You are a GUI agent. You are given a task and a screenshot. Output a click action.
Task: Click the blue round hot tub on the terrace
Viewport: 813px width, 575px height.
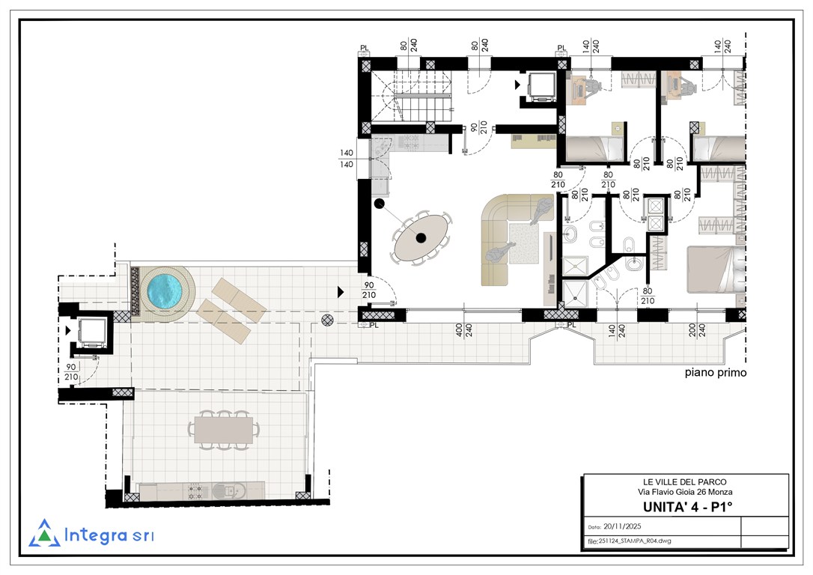pos(162,289)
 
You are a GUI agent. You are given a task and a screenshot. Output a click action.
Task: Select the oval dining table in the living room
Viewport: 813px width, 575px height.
pos(422,237)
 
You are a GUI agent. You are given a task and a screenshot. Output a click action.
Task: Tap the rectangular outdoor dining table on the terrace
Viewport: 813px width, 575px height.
pos(224,429)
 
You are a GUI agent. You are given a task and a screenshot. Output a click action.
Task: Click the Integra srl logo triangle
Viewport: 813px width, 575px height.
pos(45,534)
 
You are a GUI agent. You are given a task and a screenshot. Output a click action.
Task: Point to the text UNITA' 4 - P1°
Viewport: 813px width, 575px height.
pos(687,507)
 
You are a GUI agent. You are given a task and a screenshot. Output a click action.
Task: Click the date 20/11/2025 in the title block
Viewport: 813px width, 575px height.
pos(622,526)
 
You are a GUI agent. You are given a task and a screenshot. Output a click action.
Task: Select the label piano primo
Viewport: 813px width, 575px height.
pos(716,372)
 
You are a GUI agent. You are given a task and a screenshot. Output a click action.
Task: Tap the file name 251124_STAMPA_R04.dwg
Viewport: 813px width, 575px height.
pos(635,541)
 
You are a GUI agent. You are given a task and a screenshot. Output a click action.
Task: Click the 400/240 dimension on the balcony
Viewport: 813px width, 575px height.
pos(463,331)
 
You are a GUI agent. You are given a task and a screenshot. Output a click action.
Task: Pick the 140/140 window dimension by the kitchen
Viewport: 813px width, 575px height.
pos(347,159)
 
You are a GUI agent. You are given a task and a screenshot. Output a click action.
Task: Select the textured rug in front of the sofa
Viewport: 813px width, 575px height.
pos(525,243)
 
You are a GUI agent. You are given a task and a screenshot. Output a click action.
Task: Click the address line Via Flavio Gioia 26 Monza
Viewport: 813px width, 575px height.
pos(685,492)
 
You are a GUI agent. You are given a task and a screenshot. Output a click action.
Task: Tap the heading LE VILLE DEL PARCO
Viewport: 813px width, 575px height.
pos(685,482)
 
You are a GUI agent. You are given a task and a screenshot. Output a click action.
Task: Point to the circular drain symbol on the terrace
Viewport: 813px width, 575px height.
pos(327,320)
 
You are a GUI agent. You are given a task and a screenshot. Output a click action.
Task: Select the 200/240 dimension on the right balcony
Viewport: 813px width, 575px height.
pos(697,331)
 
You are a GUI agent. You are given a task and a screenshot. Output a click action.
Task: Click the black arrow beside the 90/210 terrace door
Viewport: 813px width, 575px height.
pos(341,292)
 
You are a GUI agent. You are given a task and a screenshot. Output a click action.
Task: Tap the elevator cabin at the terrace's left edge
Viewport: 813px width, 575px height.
pos(92,332)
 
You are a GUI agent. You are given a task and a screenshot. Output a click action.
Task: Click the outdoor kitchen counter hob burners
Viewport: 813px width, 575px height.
pos(195,492)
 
